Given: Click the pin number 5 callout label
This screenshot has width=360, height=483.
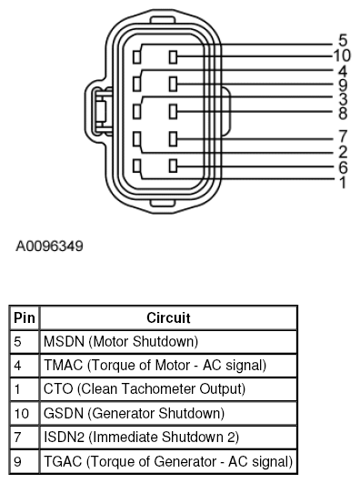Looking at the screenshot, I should [x=343, y=41].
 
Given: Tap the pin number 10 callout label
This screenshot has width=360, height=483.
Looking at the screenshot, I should [x=343, y=55].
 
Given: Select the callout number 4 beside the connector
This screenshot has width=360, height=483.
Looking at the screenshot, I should [x=343, y=71].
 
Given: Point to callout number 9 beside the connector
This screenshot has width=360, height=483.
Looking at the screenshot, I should [x=343, y=86].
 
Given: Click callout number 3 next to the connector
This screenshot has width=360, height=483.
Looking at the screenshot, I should [x=343, y=98].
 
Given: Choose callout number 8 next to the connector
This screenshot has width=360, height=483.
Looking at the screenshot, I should [x=343, y=113].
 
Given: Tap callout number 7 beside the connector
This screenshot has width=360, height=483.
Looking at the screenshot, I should [x=343, y=137].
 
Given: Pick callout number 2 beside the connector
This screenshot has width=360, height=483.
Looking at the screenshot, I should [x=343, y=151].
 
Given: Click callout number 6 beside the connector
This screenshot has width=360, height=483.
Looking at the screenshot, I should [x=343, y=167].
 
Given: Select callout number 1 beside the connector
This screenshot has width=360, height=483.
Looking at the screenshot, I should [x=343, y=182].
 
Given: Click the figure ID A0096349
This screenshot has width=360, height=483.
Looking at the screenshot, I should [x=51, y=246].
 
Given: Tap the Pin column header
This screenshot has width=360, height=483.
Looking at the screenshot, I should [x=23, y=318].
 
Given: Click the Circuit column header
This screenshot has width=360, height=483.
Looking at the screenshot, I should [x=168, y=318].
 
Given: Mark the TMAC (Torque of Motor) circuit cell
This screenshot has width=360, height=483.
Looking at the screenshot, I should [x=155, y=366].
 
